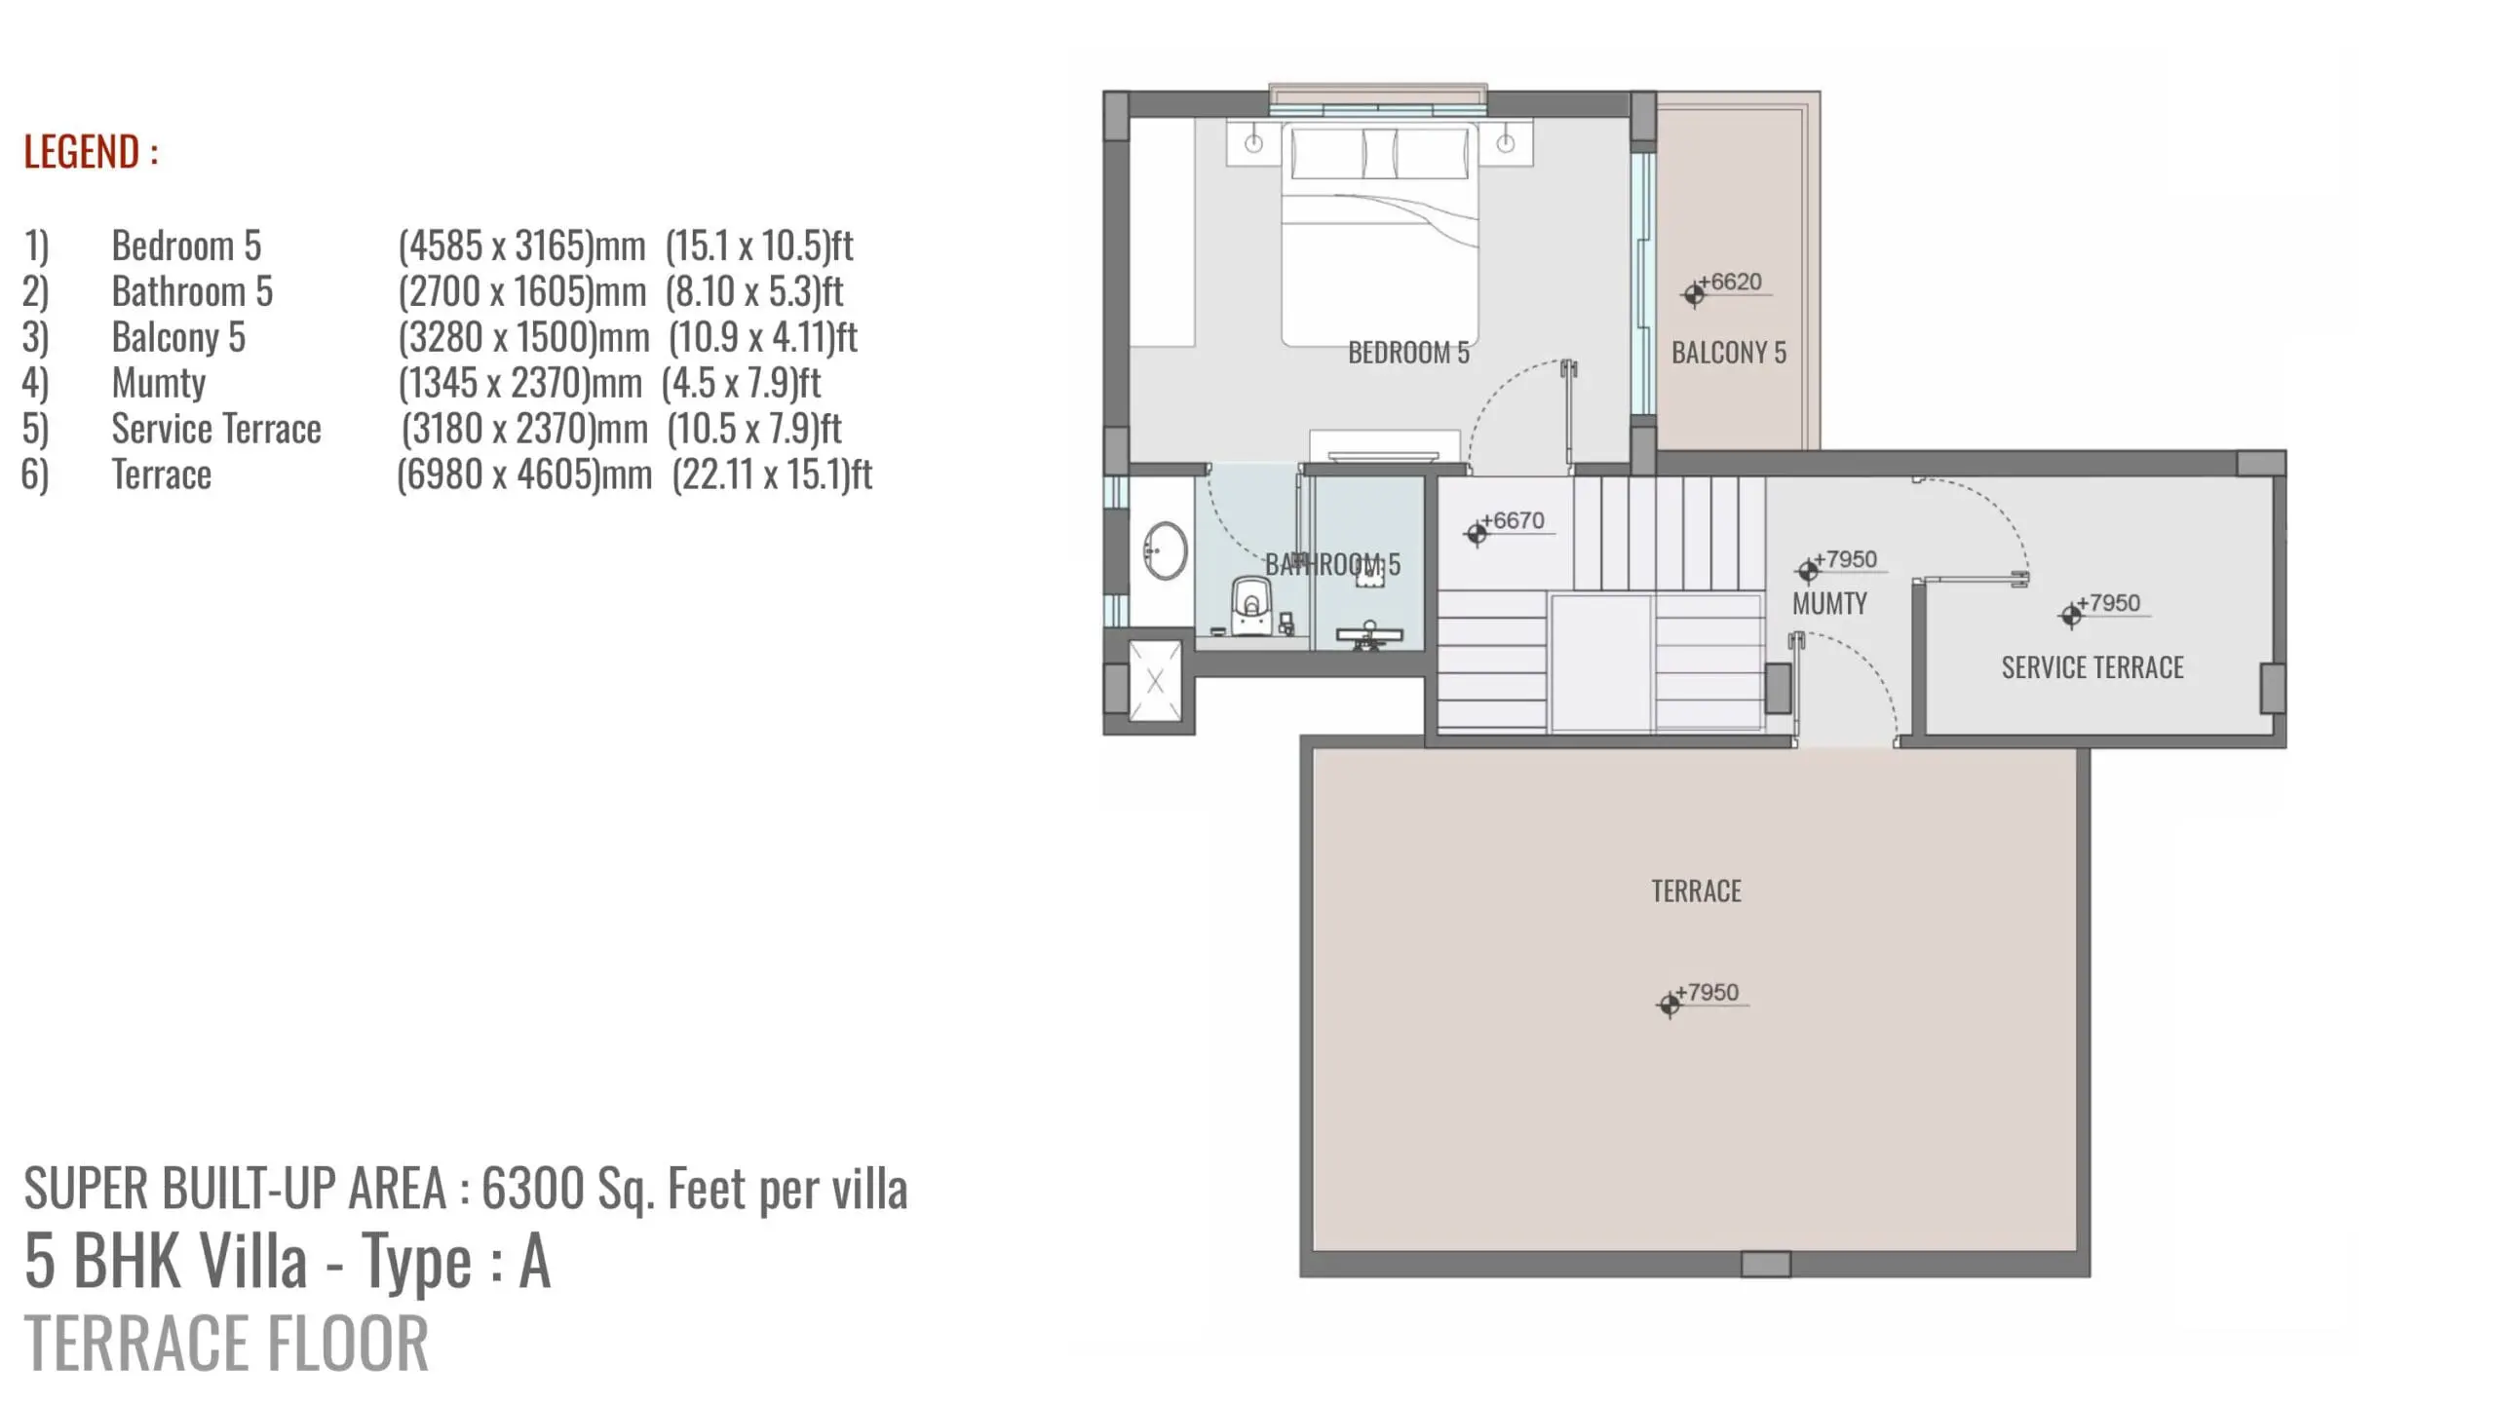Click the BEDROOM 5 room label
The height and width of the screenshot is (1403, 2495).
coord(1408,353)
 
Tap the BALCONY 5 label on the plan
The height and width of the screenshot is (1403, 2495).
coord(1729,353)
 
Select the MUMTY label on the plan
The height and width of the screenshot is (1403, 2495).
coord(1829,604)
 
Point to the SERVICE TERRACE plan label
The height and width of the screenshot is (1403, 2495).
coord(2092,667)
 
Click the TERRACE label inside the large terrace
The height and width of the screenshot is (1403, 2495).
coord(1696,891)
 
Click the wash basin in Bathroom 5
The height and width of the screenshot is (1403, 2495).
coord(1165,550)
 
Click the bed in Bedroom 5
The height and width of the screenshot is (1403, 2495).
coord(1379,235)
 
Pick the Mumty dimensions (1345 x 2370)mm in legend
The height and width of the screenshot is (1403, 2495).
coord(520,383)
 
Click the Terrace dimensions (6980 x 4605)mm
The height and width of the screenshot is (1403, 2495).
coord(524,474)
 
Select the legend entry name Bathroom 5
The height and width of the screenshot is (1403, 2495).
coord(192,291)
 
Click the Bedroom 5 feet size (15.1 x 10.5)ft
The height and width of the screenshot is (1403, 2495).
coord(759,246)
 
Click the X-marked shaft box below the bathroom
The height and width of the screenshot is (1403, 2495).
coord(1155,681)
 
